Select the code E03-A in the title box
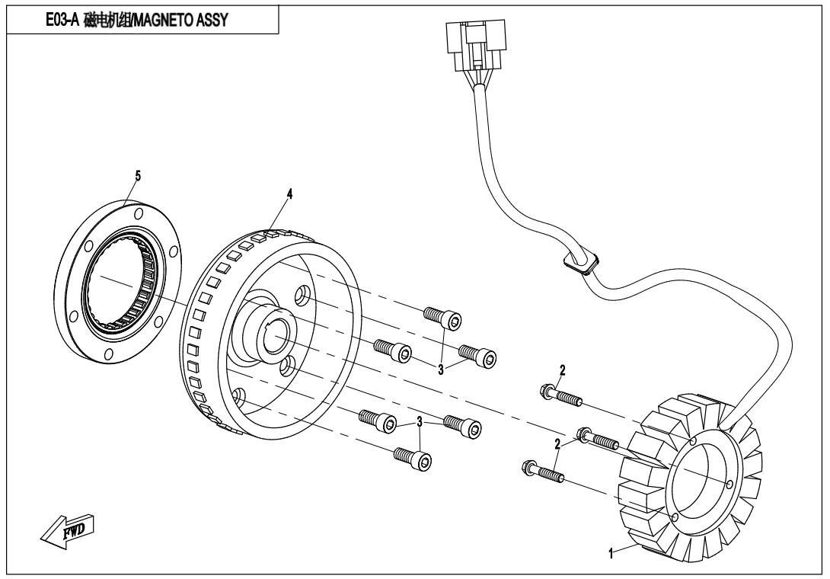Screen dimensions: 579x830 click(62, 18)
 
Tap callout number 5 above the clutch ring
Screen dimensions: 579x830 click(138, 175)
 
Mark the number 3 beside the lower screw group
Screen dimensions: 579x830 click(420, 423)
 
